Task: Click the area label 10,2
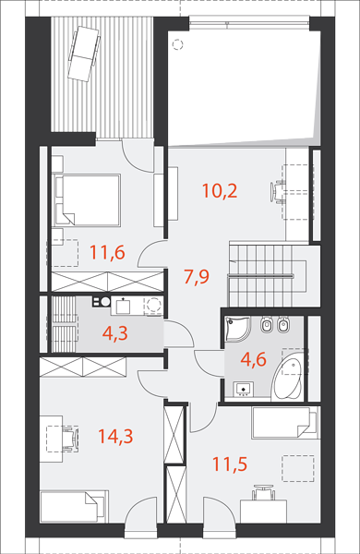(x=220, y=191)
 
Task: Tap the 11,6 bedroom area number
(x=107, y=253)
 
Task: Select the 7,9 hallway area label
(x=197, y=276)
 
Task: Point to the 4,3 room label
(x=115, y=334)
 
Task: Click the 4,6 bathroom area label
(x=253, y=360)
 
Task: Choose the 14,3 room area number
(x=115, y=437)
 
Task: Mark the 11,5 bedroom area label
(x=230, y=464)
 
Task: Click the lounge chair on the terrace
(x=83, y=54)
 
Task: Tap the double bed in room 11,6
(x=88, y=200)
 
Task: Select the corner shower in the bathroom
(x=236, y=329)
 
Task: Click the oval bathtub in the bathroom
(x=287, y=379)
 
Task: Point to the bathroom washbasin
(x=244, y=389)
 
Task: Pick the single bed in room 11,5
(x=284, y=423)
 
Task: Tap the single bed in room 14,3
(x=74, y=506)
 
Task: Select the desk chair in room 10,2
(x=277, y=192)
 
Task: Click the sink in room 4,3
(x=123, y=307)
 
